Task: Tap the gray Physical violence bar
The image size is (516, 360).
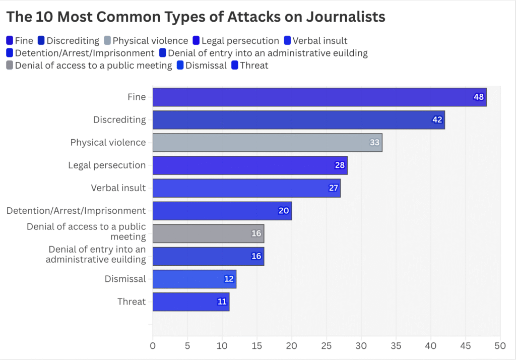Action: (x=267, y=143)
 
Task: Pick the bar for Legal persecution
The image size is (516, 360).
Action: (x=250, y=165)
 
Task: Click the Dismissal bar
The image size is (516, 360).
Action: (x=194, y=279)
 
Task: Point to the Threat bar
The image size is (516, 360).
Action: (x=190, y=302)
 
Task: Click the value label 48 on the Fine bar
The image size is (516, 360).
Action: (x=479, y=97)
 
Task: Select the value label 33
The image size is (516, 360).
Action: (x=374, y=143)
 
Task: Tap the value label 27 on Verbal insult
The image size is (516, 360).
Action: (x=333, y=188)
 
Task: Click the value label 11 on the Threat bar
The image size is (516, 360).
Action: (x=222, y=302)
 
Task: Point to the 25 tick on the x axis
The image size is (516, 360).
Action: (x=327, y=346)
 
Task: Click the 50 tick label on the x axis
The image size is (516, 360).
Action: (x=500, y=346)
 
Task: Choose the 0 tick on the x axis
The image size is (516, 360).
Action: (x=153, y=346)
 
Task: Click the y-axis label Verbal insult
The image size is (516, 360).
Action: (x=118, y=188)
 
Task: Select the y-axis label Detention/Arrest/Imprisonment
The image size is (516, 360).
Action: (x=76, y=211)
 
